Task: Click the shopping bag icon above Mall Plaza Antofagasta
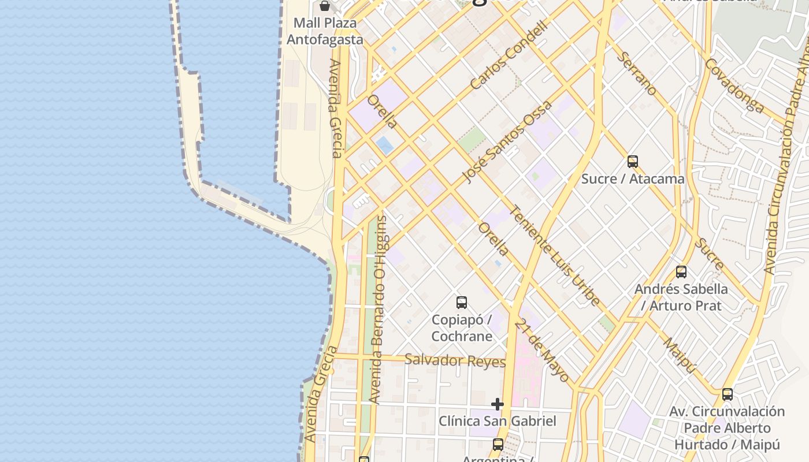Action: click(325, 6)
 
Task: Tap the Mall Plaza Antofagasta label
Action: click(325, 31)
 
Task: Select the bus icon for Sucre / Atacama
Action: click(633, 162)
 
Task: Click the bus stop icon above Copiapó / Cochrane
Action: click(461, 302)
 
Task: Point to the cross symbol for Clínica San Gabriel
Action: click(497, 404)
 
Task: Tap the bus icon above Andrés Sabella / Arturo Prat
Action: click(681, 271)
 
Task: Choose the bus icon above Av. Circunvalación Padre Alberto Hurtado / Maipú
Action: click(728, 394)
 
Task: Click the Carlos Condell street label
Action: click(508, 56)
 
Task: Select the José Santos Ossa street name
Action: click(507, 142)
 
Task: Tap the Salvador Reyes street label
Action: click(455, 361)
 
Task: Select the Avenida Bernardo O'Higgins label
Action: click(379, 310)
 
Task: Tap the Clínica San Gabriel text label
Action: click(497, 421)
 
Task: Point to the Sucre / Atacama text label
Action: click(633, 179)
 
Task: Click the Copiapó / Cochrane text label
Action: click(462, 327)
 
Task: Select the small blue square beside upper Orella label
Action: click(384, 145)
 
